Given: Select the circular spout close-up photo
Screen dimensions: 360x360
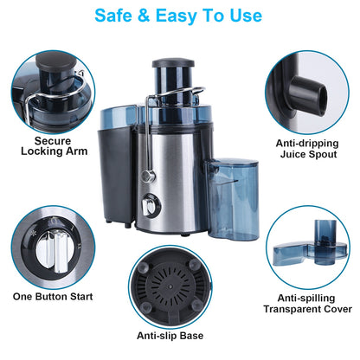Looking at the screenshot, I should [x=308, y=87].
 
